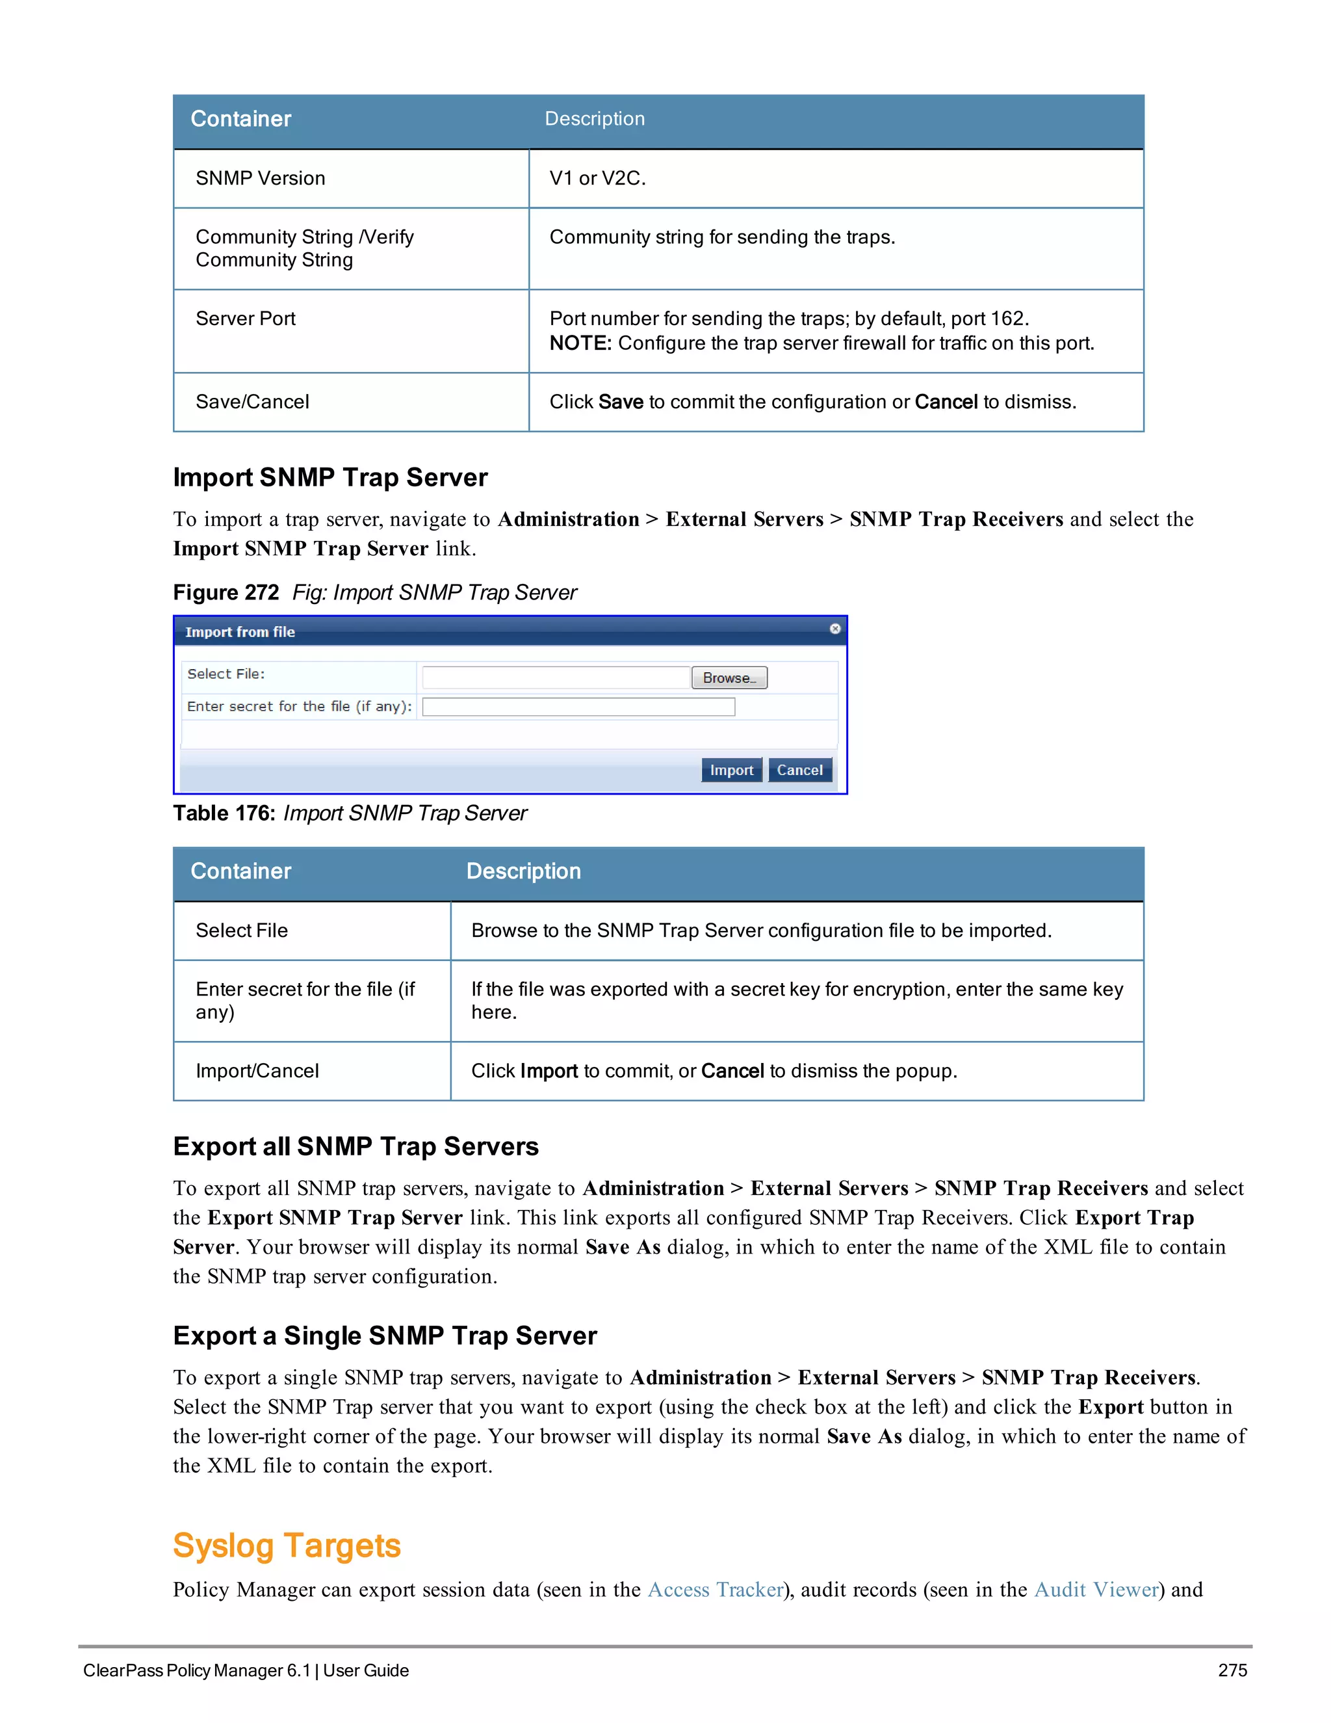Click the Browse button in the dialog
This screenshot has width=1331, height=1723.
click(x=729, y=677)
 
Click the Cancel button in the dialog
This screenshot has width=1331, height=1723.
click(x=799, y=770)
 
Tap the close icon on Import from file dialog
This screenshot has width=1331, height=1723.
click(x=834, y=629)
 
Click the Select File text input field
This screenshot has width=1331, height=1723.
click(x=556, y=677)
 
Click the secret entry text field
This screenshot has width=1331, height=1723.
click(x=578, y=707)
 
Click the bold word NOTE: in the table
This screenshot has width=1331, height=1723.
click(x=580, y=343)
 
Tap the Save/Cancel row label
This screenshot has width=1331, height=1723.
click(x=252, y=402)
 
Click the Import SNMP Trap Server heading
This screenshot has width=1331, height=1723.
click(x=330, y=477)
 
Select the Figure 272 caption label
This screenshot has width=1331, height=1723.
click(x=226, y=592)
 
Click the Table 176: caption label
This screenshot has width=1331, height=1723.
click(x=224, y=813)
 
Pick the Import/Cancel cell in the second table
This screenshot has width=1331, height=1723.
click(x=257, y=1071)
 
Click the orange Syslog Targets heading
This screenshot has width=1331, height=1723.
click(x=287, y=1545)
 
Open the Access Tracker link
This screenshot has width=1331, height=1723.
click(x=715, y=1590)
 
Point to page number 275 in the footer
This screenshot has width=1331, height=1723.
click(x=1232, y=1670)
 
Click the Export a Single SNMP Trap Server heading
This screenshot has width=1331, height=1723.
click(x=385, y=1335)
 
